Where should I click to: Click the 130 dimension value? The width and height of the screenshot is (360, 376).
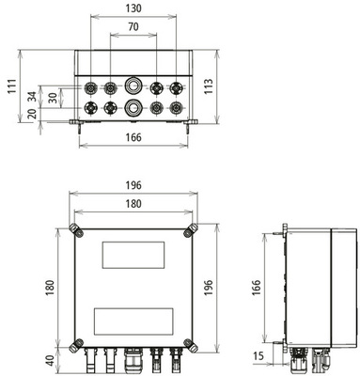click(x=133, y=8)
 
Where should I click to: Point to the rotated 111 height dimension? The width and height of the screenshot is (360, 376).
click(x=9, y=86)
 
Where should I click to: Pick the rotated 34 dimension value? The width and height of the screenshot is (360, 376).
click(x=33, y=96)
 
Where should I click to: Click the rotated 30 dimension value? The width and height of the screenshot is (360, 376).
click(x=53, y=96)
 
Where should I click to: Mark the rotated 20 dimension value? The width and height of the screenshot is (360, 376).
click(x=33, y=115)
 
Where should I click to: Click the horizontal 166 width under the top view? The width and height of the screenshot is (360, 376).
click(x=133, y=139)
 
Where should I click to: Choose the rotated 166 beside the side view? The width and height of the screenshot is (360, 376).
click(x=256, y=286)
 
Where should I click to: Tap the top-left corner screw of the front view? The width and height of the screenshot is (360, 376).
click(x=76, y=229)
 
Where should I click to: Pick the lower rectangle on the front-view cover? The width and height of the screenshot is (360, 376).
click(x=133, y=319)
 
